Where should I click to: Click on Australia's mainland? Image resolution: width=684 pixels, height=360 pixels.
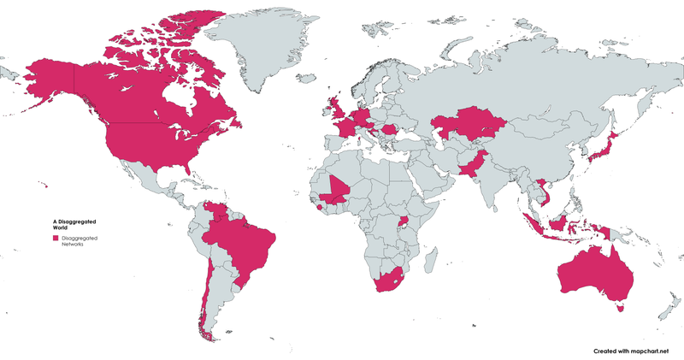[x=590, y=274]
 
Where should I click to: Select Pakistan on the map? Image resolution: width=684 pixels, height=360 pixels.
[x=473, y=162]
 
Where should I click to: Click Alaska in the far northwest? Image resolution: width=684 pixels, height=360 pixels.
[x=51, y=81]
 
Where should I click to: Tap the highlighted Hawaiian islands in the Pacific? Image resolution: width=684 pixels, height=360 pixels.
[x=42, y=183]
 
